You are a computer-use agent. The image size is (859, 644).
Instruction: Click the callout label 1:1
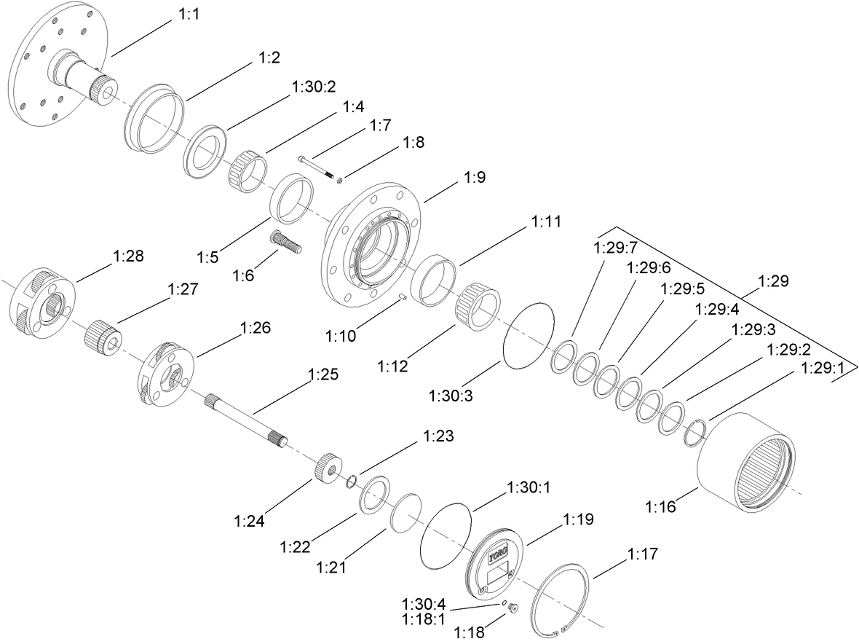pos(189,15)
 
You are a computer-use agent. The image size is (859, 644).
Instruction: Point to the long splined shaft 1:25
pos(247,418)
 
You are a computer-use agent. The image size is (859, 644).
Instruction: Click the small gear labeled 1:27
pos(102,337)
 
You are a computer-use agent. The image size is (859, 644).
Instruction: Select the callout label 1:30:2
pos(313,87)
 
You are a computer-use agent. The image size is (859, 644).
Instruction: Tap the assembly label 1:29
pos(772,280)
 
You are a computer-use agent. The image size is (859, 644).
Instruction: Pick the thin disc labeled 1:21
pos(406,512)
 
